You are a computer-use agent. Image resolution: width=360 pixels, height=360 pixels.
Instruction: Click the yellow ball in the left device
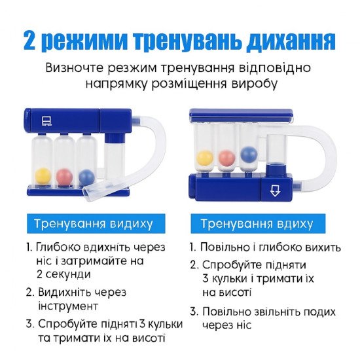43,176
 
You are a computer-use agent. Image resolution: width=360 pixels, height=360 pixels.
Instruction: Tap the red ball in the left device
65,177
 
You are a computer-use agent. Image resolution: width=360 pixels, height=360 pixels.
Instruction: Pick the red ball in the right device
227,158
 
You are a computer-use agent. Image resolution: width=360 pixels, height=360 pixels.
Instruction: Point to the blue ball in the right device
249,154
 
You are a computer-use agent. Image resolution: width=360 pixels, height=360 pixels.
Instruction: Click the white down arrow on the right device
275,190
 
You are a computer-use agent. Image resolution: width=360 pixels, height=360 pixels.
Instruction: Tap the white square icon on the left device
47,120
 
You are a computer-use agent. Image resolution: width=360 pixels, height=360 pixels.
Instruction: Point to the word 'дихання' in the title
291,42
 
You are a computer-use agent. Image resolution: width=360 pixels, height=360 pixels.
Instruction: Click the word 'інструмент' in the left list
68,306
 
